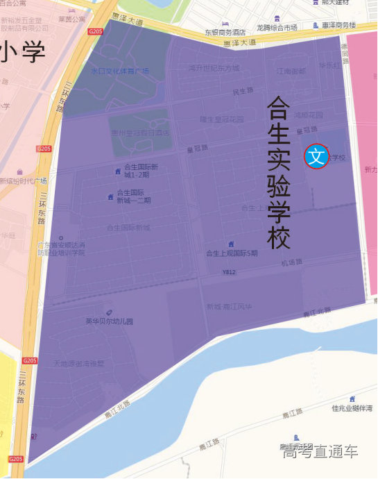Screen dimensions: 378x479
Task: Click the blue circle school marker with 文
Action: coord(316,156)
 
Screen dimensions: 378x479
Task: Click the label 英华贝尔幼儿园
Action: coord(109,321)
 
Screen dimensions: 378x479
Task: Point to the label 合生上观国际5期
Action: coord(232,253)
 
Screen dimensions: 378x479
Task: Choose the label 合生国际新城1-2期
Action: coord(141,170)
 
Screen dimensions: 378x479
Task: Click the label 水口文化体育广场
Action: coord(120,71)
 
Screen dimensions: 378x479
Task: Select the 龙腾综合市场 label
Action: coord(277,28)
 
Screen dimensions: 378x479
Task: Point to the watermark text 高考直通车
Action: coord(320,451)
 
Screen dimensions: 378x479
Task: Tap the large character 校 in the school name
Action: coord(279,239)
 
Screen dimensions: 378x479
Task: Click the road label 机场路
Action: coord(292,262)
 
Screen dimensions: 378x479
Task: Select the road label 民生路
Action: coord(243,91)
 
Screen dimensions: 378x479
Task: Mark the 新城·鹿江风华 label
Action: coord(229,307)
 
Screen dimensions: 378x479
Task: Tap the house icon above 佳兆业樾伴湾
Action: coord(352,398)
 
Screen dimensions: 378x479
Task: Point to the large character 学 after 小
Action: coord(33,52)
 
